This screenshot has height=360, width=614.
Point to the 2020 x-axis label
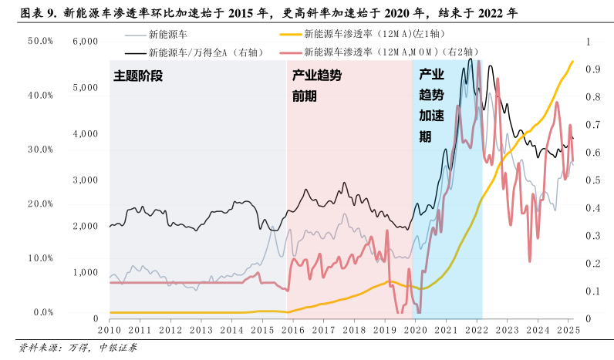click(x=415, y=329)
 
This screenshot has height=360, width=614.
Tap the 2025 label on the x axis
click(x=568, y=329)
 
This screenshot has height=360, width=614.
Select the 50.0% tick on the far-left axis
click(x=40, y=41)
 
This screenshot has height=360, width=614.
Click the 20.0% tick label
click(x=40, y=204)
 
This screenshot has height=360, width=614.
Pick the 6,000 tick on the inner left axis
click(x=85, y=41)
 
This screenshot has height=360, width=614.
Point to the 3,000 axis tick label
click(x=85, y=180)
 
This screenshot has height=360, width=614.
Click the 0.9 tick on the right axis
click(x=592, y=69)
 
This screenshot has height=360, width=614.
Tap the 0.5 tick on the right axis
click(x=592, y=180)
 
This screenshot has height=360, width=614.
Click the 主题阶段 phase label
click(x=139, y=77)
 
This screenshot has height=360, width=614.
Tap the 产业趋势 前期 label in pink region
click(x=316, y=86)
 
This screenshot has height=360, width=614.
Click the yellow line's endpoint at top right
click(x=572, y=62)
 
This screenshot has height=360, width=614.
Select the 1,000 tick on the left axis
click(x=85, y=272)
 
